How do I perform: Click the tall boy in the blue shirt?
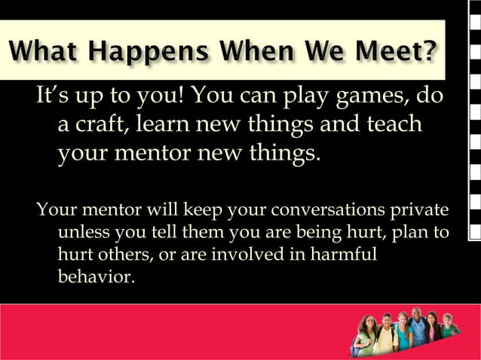pyautogui.click(x=418, y=331)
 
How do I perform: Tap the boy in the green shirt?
pyautogui.click(x=449, y=330)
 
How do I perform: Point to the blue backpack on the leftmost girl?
pyautogui.click(x=354, y=349)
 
